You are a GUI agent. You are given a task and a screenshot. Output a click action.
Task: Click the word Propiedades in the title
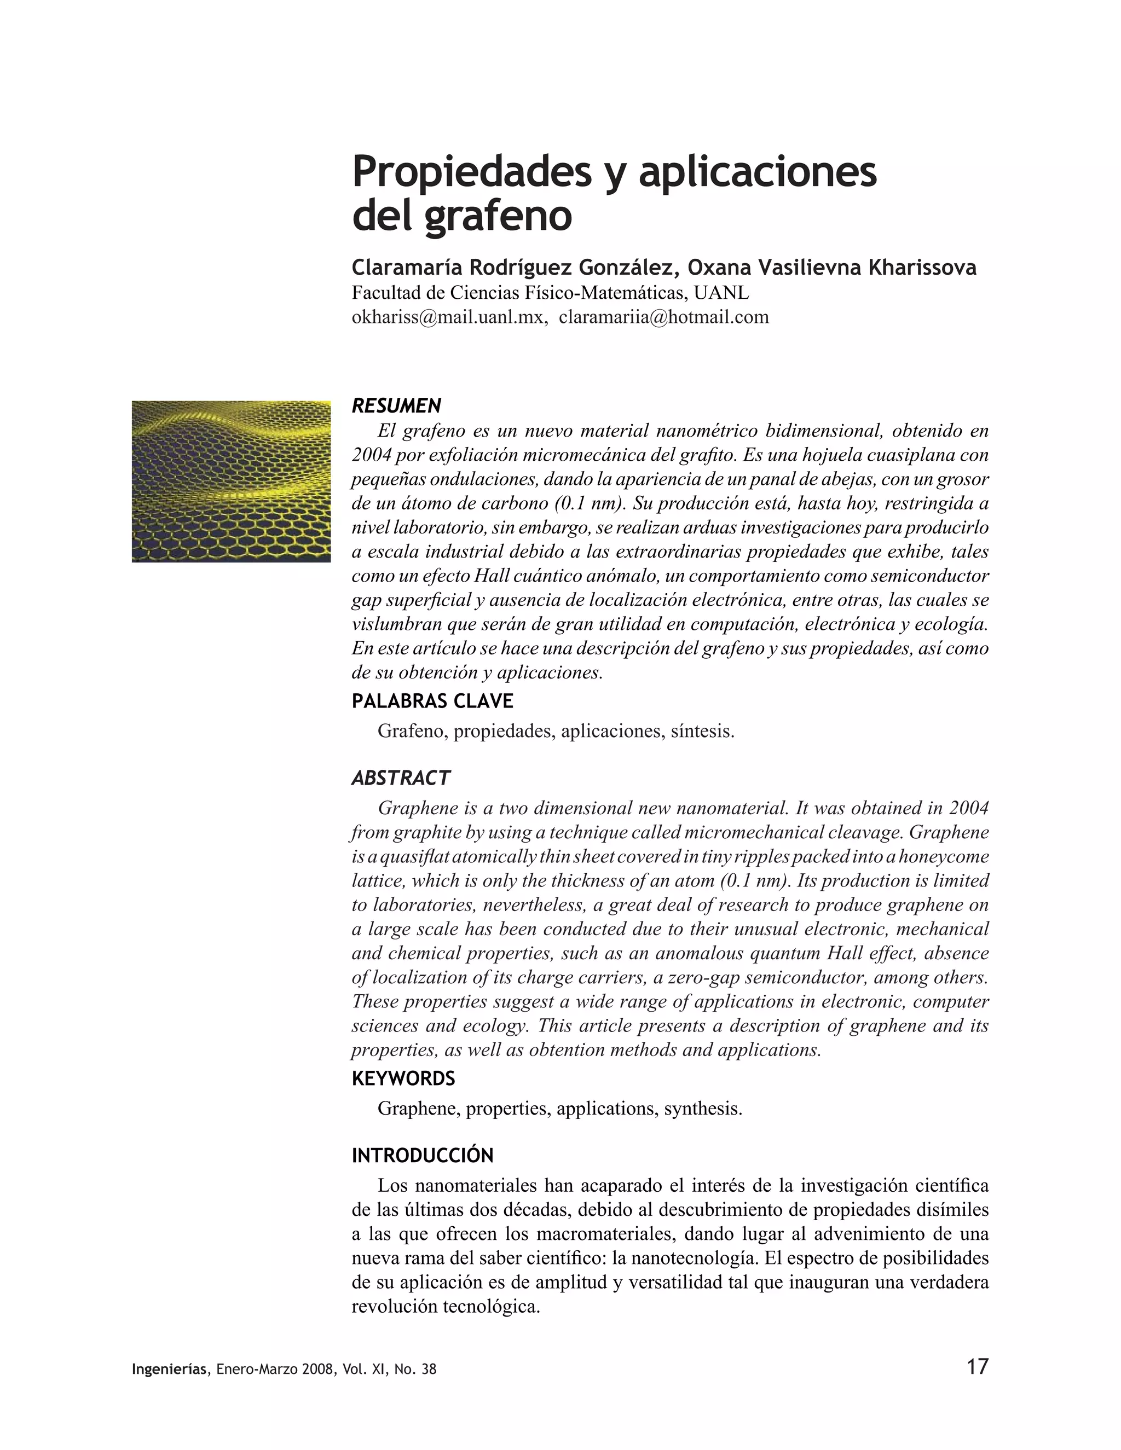point(471,172)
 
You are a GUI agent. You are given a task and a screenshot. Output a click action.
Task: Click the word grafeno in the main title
point(498,217)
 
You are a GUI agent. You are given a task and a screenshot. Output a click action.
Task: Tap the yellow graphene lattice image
point(231,482)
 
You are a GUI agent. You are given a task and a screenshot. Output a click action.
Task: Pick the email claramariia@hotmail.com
point(663,317)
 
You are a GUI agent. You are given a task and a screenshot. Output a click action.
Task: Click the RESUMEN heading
point(396,405)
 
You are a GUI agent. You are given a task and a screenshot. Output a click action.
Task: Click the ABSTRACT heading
point(401,778)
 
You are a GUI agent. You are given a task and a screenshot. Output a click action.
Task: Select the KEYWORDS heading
point(403,1078)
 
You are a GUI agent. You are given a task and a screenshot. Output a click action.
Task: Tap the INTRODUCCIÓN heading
point(423,1155)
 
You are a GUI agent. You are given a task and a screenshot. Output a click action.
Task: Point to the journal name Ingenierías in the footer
point(169,1370)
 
